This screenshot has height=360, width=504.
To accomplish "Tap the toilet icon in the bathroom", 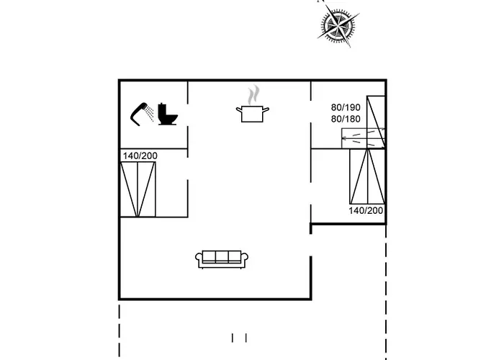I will pyautogui.click(x=168, y=114).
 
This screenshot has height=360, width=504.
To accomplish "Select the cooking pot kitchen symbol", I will pyautogui.click(x=253, y=112).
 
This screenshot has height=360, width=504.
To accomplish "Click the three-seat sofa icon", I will pyautogui.click(x=222, y=258).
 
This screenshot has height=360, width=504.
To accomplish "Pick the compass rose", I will pyautogui.click(x=336, y=26).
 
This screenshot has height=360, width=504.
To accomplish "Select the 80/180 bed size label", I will pyautogui.click(x=346, y=119).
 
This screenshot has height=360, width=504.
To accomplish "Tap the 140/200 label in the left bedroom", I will pyautogui.click(x=140, y=156).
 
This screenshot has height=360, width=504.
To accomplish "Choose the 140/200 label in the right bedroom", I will pyautogui.click(x=366, y=210).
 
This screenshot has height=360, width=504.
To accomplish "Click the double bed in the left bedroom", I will pyautogui.click(x=138, y=189).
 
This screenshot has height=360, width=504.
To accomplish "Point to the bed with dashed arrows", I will pyautogui.click(x=363, y=137).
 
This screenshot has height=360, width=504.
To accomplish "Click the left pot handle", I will pyautogui.click(x=238, y=109).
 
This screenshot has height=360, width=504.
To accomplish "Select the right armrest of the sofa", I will pyautogui.click(x=245, y=259).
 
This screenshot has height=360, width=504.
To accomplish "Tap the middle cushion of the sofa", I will pyautogui.click(x=222, y=257).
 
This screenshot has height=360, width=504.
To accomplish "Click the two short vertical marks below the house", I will pyautogui.click(x=239, y=337).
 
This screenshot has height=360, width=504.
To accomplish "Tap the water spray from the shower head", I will pyautogui.click(x=148, y=112).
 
